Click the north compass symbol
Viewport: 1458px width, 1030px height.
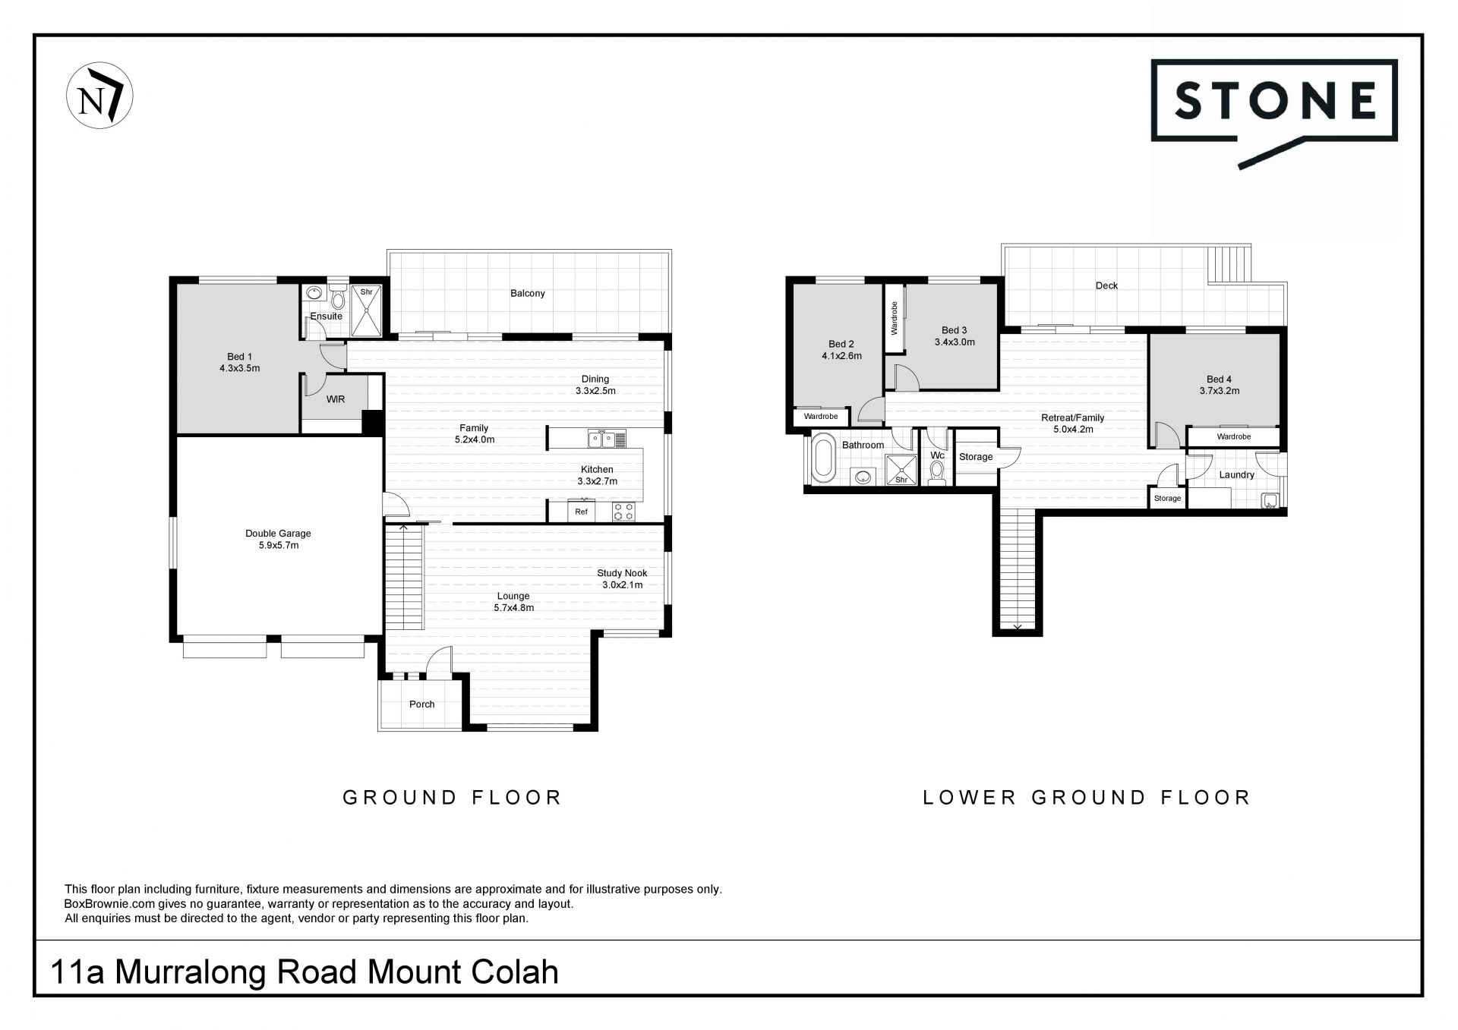tap(99, 96)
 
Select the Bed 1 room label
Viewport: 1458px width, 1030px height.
tap(239, 362)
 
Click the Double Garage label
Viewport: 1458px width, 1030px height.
tap(278, 539)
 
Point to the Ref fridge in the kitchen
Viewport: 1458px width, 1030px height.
tap(581, 511)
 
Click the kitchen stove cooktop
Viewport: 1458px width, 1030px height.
tap(623, 512)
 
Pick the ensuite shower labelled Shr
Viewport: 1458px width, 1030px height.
tap(366, 310)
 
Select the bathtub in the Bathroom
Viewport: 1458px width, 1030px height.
tap(822, 458)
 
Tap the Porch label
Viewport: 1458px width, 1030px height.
tap(421, 704)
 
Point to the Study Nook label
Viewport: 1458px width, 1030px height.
tap(622, 578)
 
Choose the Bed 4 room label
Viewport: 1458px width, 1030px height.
tap(1219, 385)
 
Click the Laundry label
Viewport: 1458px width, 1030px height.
tap(1236, 475)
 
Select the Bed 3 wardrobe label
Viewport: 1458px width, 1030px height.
tap(894, 318)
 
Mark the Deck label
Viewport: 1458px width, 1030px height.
tap(1106, 285)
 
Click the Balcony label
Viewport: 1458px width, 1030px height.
tap(527, 293)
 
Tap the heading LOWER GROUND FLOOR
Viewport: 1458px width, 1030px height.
tap(1086, 797)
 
